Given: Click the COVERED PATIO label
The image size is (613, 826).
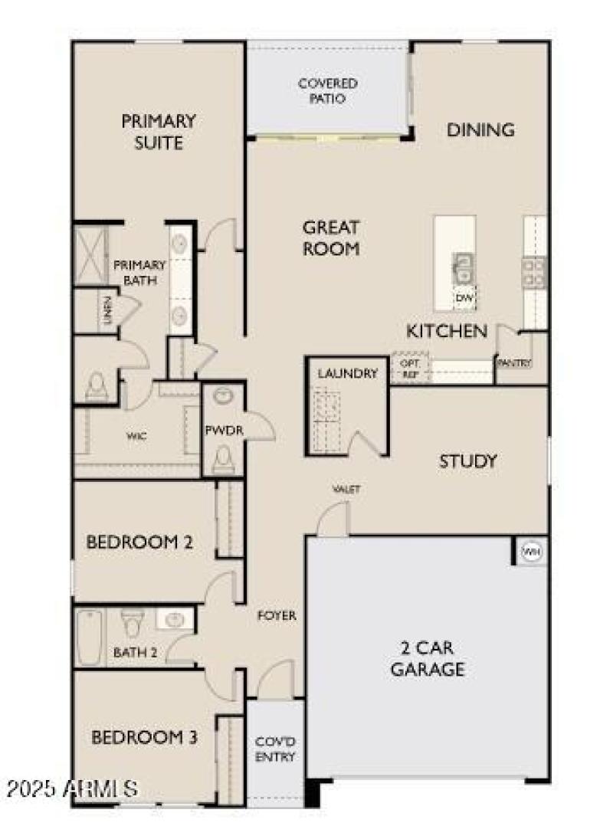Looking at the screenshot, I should pos(327,91).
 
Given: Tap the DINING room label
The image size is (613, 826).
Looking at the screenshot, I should pos(480,129).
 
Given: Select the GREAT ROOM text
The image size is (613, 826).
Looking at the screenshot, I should pos(331,238).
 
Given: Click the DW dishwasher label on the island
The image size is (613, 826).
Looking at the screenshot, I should pos(464,297).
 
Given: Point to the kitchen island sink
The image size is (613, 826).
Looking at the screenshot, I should pos(463,268).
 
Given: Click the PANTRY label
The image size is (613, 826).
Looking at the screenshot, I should pos(514,362).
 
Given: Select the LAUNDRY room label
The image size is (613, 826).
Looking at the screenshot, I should pos(348,374).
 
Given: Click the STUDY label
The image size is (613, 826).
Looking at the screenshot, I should pos(467,461).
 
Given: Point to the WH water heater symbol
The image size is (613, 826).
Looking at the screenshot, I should pos(531,550).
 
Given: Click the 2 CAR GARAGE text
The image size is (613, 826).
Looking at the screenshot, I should pos(428,658).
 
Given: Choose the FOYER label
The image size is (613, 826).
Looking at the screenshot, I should pos(277,615).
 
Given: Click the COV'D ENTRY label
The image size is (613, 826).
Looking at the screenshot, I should pos(275,749).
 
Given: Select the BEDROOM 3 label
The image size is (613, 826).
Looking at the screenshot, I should pos(145,737).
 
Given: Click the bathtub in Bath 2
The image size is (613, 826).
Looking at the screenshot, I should pos(89,637).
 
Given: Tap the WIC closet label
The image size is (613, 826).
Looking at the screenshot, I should pos(136,435).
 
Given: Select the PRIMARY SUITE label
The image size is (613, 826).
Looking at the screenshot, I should pos(158,131).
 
